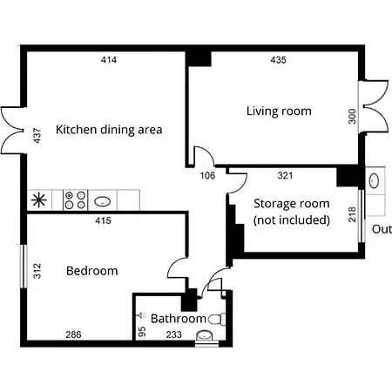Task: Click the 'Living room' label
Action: pyautogui.click(x=278, y=111)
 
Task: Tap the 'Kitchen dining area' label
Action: pyautogui.click(x=109, y=130)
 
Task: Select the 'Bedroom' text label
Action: pyautogui.click(x=91, y=271)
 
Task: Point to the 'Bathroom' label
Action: pyautogui.click(x=179, y=319)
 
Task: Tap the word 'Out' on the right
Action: pyautogui.click(x=382, y=230)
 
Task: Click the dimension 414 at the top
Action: pyautogui.click(x=108, y=60)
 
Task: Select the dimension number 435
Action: pyautogui.click(x=279, y=60)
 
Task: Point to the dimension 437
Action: pyautogui.click(x=37, y=137)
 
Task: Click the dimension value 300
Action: pyautogui.click(x=353, y=117)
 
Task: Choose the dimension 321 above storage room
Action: pyautogui.click(x=285, y=175)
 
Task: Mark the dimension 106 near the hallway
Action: pyautogui.click(x=207, y=176)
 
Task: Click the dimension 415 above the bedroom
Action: pyautogui.click(x=103, y=222)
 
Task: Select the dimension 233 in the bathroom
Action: pyautogui.click(x=174, y=334)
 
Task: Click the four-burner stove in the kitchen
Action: pyautogui.click(x=75, y=199)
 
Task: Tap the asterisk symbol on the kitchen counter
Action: pyautogui.click(x=39, y=199)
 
